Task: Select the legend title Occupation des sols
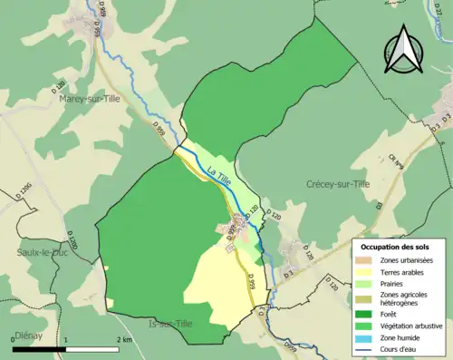[399, 247]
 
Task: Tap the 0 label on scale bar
[14, 337]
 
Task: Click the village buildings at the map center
[236, 225]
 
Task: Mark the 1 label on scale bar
[64, 337]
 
